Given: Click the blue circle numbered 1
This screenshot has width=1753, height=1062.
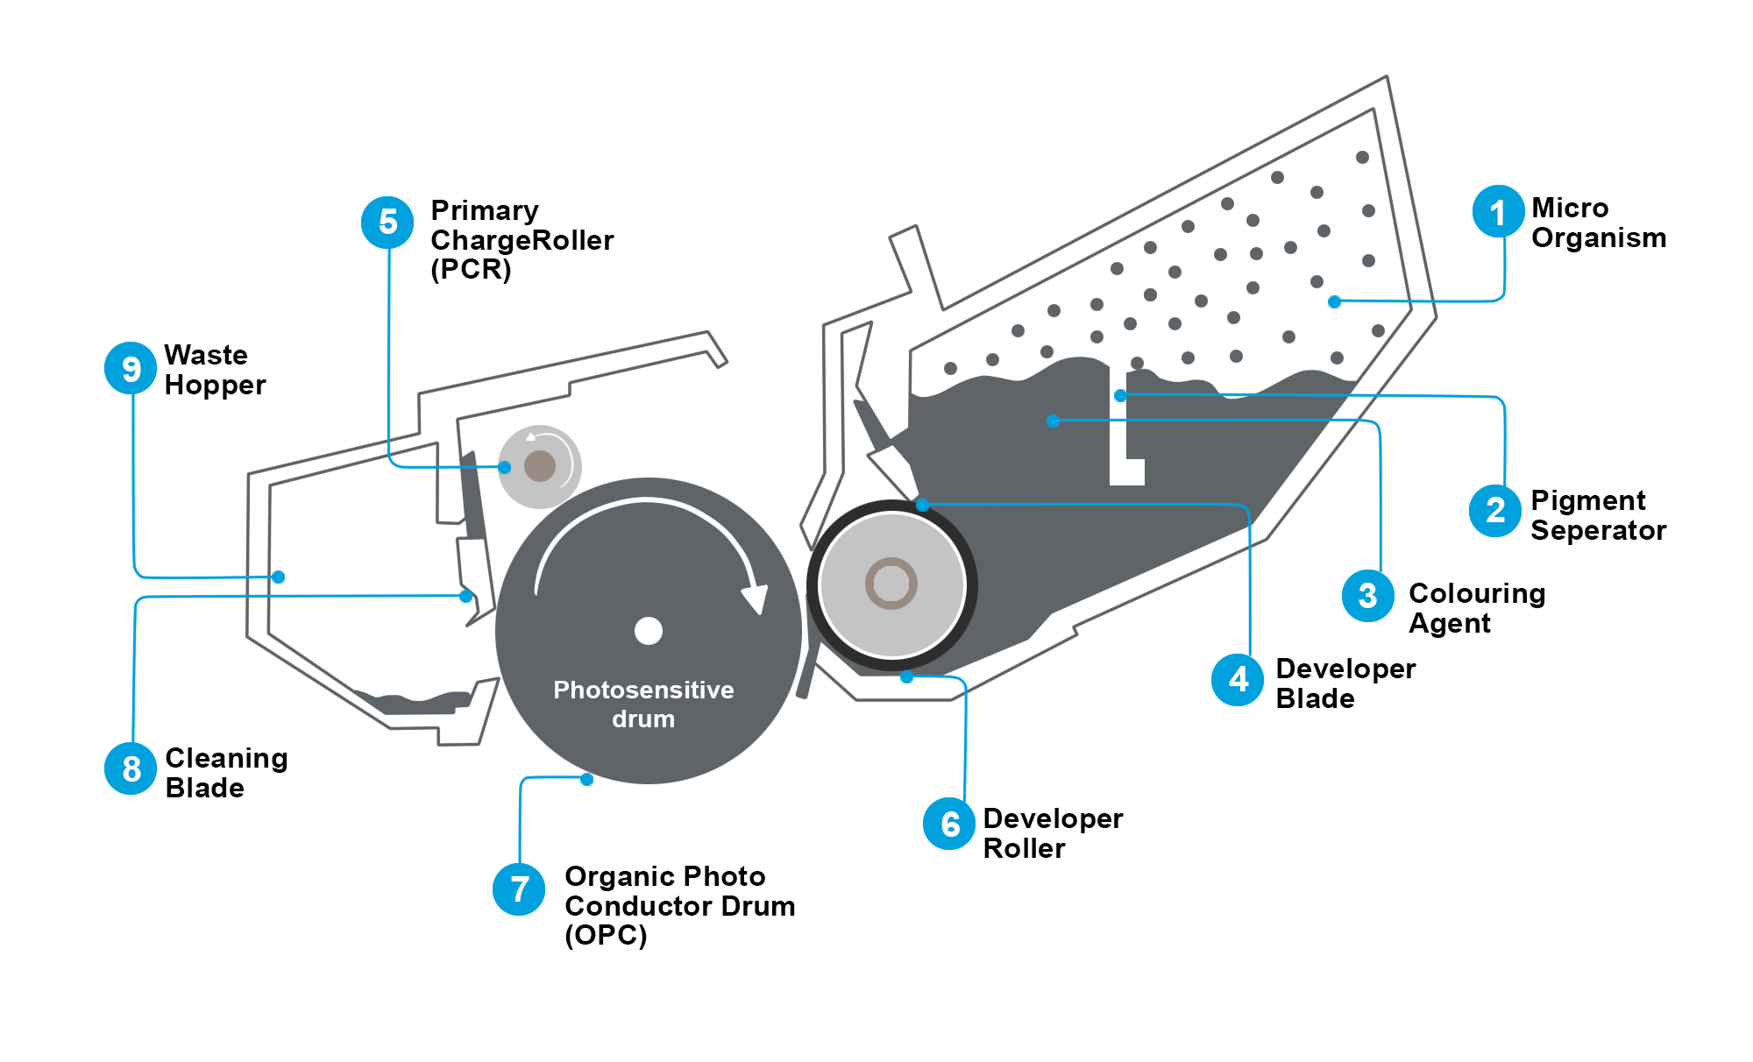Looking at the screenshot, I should pos(1498,211).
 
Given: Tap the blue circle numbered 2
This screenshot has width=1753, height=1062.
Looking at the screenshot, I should pos(1495,510).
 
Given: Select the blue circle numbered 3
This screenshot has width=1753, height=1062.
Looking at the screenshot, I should pos(1367,596).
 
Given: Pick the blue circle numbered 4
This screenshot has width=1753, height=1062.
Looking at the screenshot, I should pos(1238,679).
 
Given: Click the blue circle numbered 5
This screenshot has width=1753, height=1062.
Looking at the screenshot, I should pos(387,223).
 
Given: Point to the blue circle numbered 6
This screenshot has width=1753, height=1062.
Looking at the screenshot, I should pos(949,824).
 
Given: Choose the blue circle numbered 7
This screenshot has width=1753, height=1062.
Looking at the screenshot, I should pos(519,889).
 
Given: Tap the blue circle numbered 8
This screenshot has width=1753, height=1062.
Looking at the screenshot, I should pos(131,768).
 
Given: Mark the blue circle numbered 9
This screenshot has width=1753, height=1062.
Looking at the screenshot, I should pos(131,368).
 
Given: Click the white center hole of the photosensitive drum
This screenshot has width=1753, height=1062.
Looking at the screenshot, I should pos(649,631).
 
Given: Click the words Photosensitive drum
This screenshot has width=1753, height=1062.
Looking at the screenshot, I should pos(643,704).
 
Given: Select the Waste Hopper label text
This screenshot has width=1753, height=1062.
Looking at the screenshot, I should pos(215,370).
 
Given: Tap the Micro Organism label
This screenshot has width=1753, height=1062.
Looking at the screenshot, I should pos(1598,223).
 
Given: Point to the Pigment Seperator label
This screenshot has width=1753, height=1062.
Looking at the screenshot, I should pos(1598,515).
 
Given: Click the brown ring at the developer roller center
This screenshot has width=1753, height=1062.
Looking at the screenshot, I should pos(891,583).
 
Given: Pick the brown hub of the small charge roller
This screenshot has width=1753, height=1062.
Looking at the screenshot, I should pos(540,465).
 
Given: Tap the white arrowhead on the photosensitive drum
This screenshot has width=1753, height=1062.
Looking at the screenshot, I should pos(755,598).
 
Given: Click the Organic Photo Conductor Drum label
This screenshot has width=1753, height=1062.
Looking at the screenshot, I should pos(679,905).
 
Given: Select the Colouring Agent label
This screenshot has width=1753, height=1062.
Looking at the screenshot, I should pos(1476,608).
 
